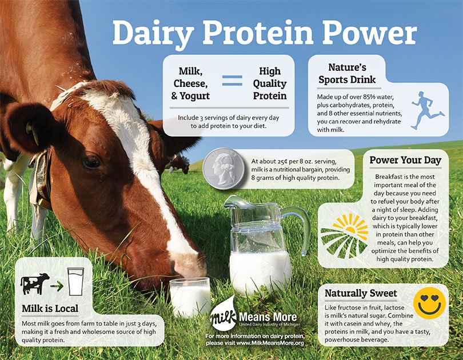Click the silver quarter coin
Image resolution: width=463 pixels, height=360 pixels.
coord(223,169)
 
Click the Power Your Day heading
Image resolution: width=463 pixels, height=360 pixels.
coord(405,160)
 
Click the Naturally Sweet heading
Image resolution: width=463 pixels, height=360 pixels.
coord(361,293)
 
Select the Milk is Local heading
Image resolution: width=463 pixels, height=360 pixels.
coord(50,309)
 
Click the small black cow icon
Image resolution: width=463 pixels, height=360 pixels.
coord(35,283)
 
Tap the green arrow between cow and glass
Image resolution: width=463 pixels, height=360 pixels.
coord(57,283)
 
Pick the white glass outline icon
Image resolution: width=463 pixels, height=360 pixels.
coord(75,282)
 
